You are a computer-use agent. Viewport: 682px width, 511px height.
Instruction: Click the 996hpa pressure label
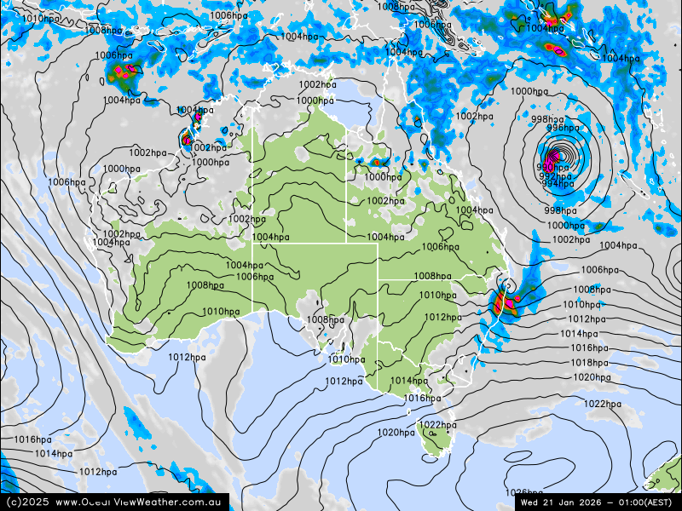tap(563, 128)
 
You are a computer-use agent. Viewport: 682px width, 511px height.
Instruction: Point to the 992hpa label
tap(555, 176)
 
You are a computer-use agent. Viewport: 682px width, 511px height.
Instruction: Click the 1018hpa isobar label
tap(590, 362)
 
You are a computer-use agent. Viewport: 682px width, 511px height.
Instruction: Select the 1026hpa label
tap(523, 492)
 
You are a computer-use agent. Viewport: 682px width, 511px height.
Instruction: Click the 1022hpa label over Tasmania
tap(437, 425)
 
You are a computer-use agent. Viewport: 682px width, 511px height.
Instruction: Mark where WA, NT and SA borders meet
tap(252, 244)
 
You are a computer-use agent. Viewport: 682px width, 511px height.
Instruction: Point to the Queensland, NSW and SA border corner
tap(379, 278)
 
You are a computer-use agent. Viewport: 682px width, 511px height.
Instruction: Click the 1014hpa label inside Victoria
tap(409, 381)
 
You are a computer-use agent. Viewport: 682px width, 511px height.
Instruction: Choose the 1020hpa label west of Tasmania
tap(396, 433)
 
